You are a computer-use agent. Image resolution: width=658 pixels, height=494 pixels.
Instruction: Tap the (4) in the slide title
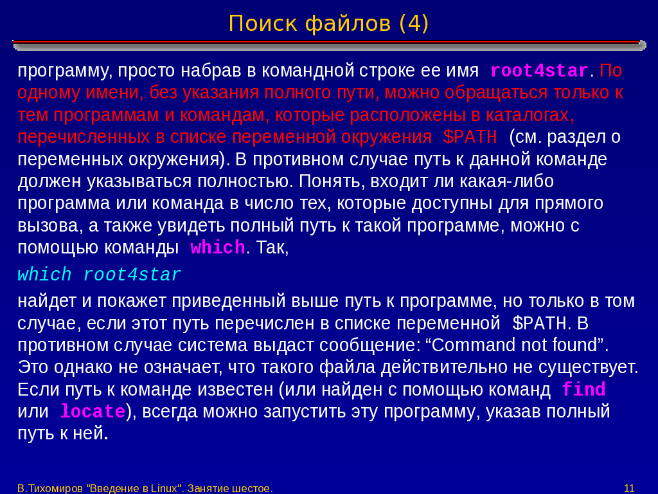coord(414,24)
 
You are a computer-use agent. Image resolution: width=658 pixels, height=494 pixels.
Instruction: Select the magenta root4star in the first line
coord(539,71)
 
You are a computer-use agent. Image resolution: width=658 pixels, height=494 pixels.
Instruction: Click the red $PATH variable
coord(470,137)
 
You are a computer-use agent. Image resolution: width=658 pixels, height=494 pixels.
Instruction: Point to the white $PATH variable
coord(540,323)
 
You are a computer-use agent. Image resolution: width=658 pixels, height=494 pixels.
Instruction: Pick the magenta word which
coord(218,248)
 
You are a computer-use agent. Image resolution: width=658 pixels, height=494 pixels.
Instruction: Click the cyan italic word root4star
coord(132,275)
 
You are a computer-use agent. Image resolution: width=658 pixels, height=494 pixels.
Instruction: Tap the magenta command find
coord(583,389)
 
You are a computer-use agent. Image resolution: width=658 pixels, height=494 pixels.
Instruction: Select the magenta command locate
coord(93,411)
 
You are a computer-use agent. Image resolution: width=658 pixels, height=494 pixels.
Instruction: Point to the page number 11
coord(629,488)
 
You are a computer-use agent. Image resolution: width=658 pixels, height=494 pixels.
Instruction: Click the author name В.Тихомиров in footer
coord(50,488)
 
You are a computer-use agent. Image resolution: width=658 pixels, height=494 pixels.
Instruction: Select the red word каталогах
coord(529,114)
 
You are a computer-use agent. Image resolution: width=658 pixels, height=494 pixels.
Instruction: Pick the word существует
coord(588,367)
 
